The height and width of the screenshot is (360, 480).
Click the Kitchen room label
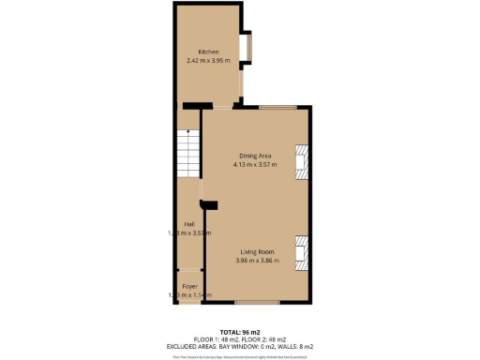click(x=207, y=52)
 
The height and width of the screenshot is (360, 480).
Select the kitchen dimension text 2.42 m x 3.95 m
click(x=207, y=61)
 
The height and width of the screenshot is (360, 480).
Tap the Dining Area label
click(x=255, y=155)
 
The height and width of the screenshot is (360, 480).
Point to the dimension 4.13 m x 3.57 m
click(x=255, y=164)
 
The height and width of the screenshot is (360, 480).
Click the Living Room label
click(x=256, y=252)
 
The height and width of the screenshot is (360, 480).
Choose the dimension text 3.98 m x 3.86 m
click(x=256, y=262)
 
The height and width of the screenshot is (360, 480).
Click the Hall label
click(x=188, y=224)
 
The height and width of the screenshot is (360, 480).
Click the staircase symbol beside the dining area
click(x=188, y=150)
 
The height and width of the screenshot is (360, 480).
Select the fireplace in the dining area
click(x=301, y=161)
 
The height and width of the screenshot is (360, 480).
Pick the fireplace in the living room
click(x=301, y=250)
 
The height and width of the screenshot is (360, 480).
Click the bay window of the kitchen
click(x=248, y=48)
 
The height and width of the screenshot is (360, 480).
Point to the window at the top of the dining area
click(x=277, y=107)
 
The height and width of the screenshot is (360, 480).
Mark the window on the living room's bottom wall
click(x=255, y=302)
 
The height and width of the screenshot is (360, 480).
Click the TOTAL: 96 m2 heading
click(x=239, y=332)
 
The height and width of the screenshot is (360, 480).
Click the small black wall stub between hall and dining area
click(x=209, y=204)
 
